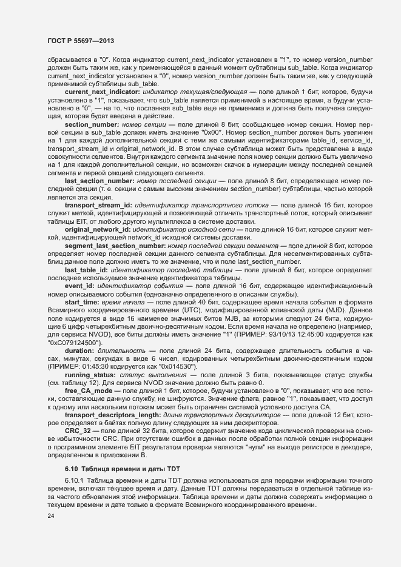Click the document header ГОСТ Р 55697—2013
[81, 40]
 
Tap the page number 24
[52, 515]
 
